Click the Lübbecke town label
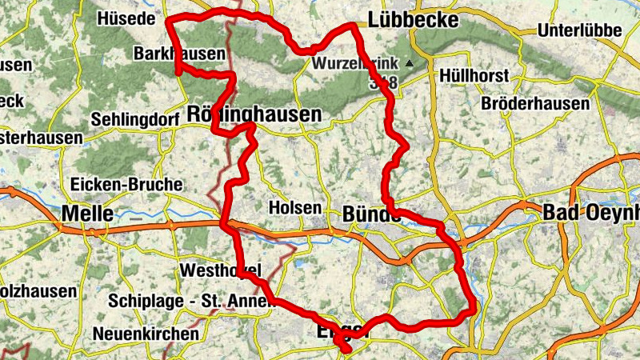point(413,20)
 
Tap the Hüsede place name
point(124,19)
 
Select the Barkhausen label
point(169,54)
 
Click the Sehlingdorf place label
point(134,118)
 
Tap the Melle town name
point(86,214)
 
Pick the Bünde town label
point(370,214)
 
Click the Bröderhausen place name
point(535,104)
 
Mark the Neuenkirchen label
point(146,333)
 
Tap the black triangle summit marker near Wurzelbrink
point(410,62)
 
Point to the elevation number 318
point(383,82)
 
